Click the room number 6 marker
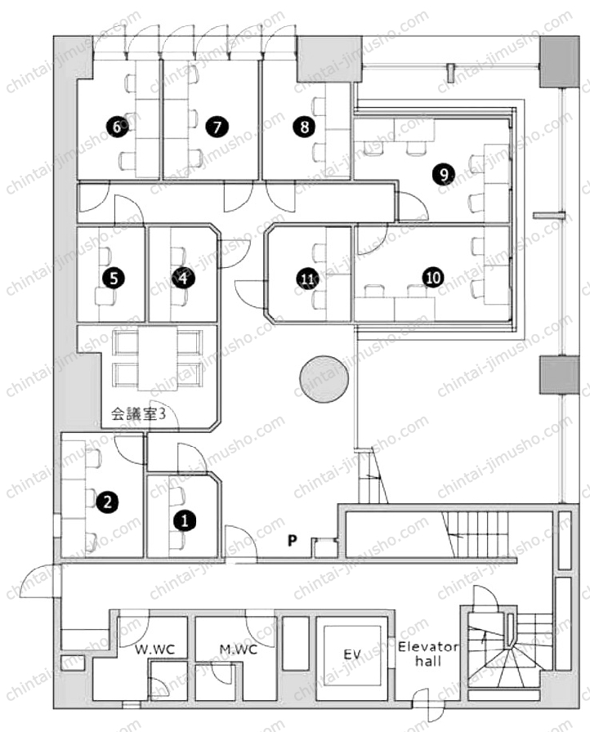[x=117, y=127]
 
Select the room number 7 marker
[x=216, y=127]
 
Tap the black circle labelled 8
[x=304, y=127]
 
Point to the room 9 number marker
[x=444, y=174]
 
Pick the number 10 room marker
[x=433, y=278]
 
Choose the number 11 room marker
[x=307, y=279]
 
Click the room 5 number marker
[x=114, y=279]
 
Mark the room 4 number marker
[x=183, y=279]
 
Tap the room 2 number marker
[x=107, y=502]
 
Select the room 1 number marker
[x=185, y=520]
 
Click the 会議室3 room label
[x=138, y=413]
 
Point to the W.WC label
[x=155, y=649]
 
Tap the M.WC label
[x=238, y=649]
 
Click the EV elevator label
[x=352, y=654]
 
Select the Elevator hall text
[x=428, y=654]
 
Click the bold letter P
[x=293, y=541]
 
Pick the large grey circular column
[x=324, y=378]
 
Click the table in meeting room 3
[x=158, y=359]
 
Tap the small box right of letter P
[x=325, y=547]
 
